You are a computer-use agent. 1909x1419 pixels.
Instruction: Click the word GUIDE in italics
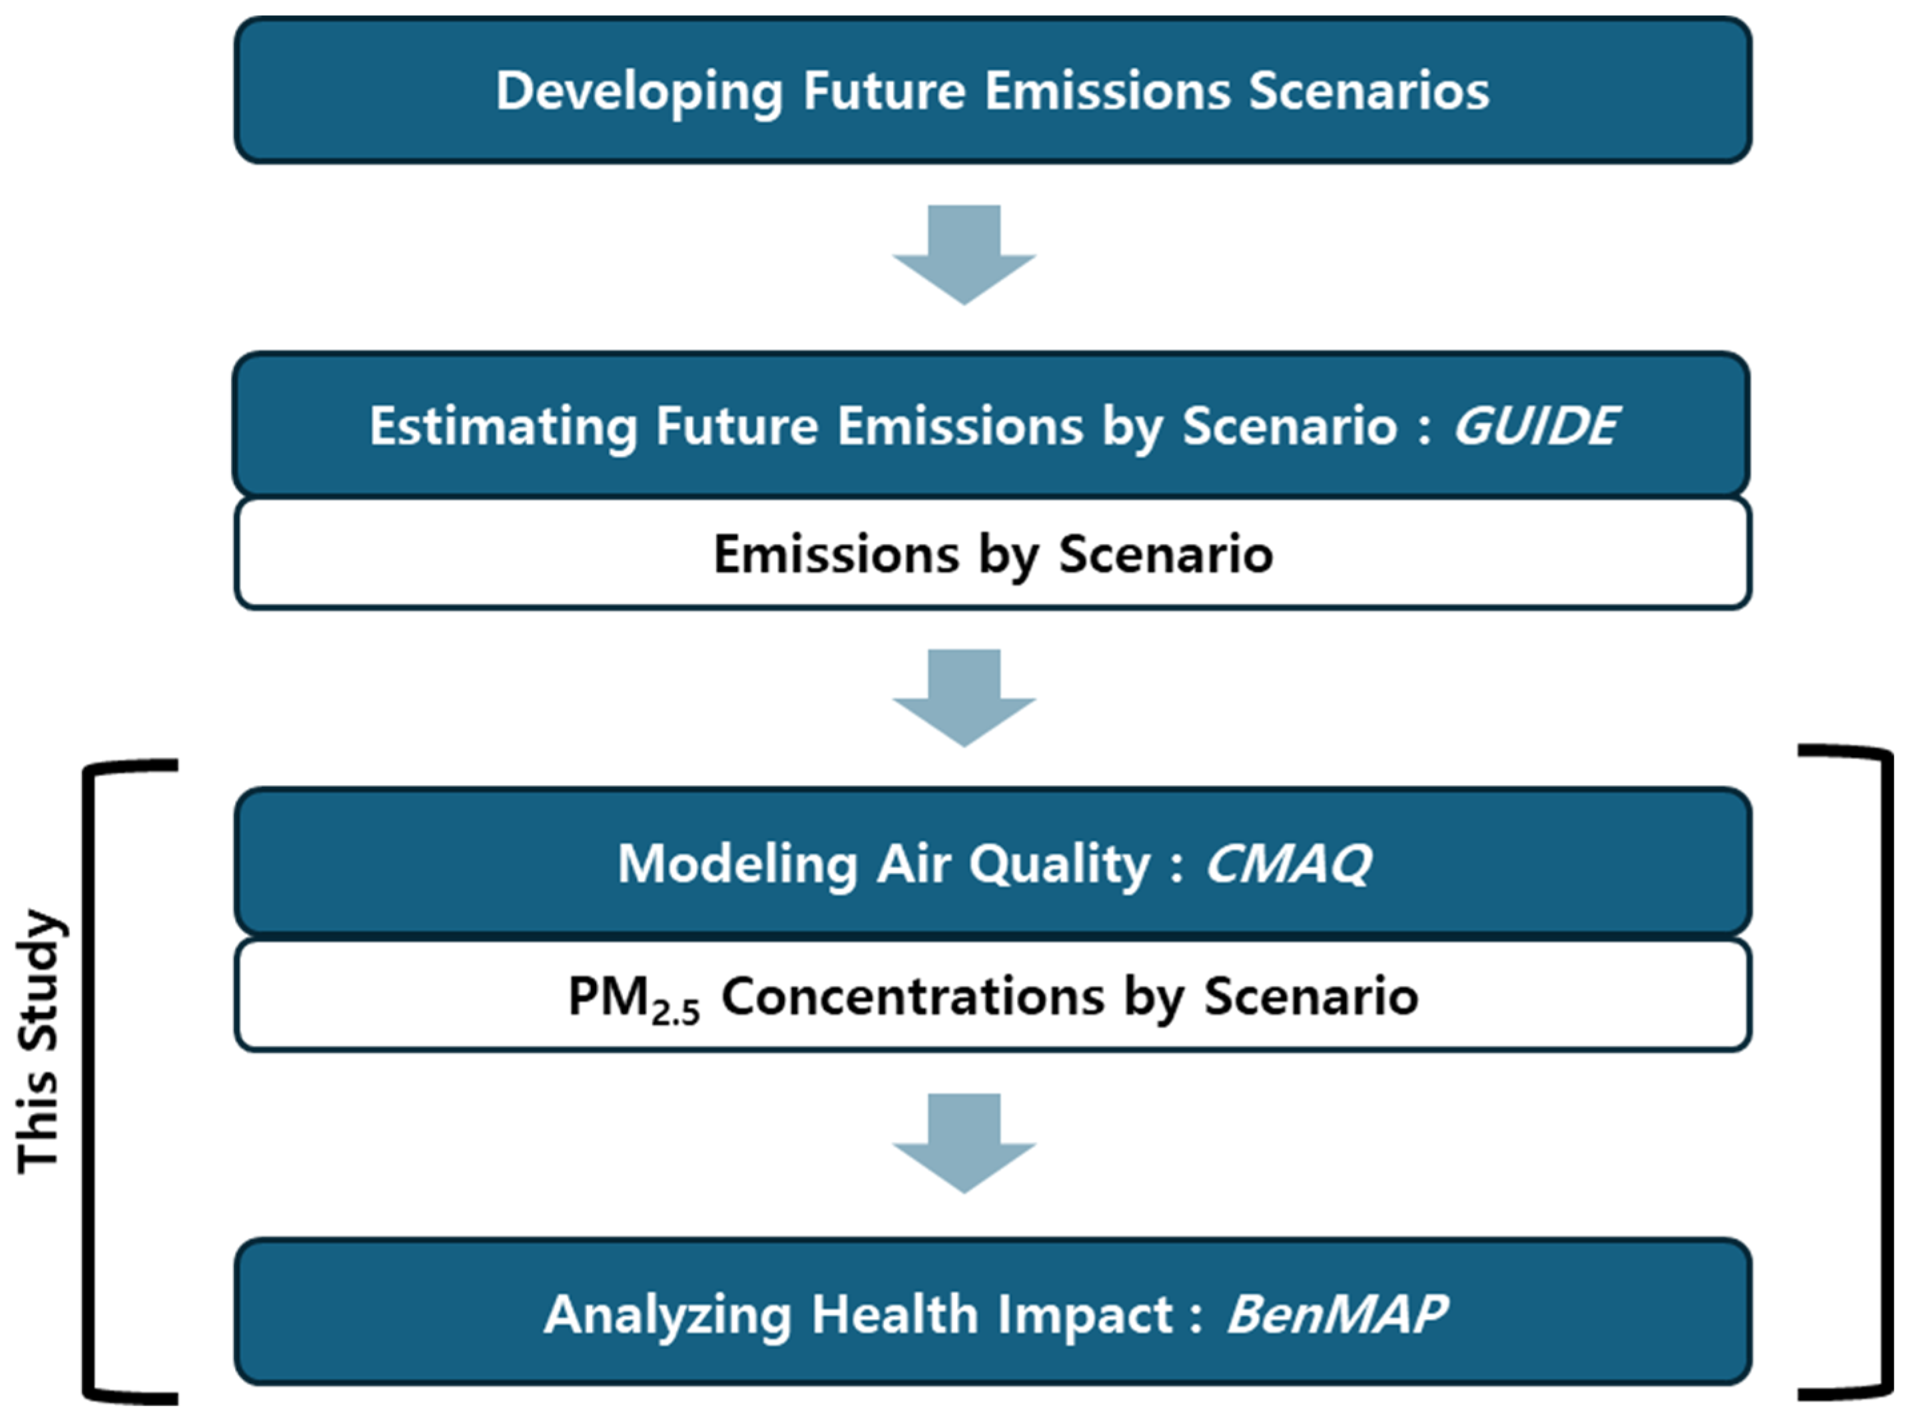tap(1535, 426)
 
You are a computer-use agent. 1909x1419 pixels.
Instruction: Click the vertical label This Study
tap(39, 1040)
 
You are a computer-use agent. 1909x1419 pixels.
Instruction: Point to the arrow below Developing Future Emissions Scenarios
tap(964, 254)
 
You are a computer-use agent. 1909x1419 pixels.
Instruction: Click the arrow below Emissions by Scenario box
tap(964, 697)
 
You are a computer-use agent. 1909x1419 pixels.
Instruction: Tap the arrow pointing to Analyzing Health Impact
tap(964, 1143)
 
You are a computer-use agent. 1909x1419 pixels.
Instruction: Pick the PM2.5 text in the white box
tap(634, 999)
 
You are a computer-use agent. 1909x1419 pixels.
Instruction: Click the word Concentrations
tap(913, 996)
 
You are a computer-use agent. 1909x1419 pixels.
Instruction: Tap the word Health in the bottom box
tap(895, 1314)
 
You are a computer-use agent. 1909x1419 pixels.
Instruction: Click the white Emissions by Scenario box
tap(992, 553)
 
